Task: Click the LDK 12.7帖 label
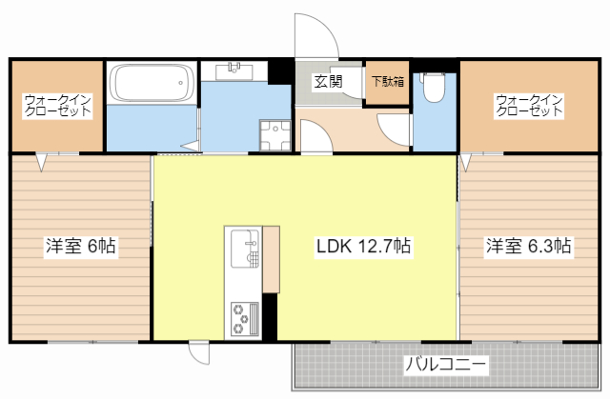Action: [x=363, y=246]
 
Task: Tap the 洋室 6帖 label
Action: [x=80, y=246]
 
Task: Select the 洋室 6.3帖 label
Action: [x=528, y=246]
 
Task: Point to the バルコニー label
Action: [x=446, y=365]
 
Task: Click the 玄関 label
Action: [x=329, y=81]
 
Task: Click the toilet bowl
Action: [x=435, y=87]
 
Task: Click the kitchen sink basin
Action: [x=244, y=246]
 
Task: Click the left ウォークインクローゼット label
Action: [x=57, y=105]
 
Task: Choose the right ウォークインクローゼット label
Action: [x=529, y=105]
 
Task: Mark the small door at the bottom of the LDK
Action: [x=199, y=353]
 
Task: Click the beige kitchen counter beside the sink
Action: [x=271, y=257]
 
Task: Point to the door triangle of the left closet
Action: [x=42, y=162]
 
